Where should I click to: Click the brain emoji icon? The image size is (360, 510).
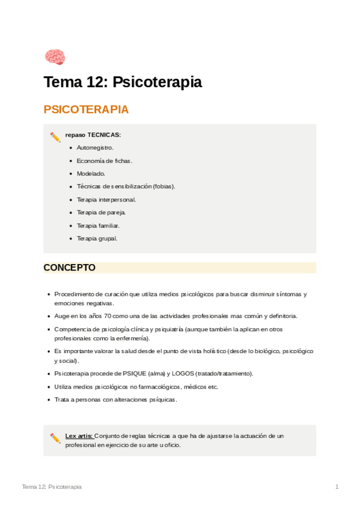point(55,57)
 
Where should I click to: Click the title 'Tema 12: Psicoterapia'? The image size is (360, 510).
point(122,82)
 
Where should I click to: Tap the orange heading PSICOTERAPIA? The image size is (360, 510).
point(86,109)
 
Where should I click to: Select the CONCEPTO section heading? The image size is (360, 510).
point(69,268)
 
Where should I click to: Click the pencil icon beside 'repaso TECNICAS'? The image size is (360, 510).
point(55,137)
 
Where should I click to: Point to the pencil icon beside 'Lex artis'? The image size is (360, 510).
point(55,438)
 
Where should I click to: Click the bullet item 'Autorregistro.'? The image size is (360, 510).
point(95,147)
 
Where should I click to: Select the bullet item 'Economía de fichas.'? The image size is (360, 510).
point(104,161)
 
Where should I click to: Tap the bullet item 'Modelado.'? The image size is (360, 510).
point(91,173)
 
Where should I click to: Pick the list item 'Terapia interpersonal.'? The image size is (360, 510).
point(106,199)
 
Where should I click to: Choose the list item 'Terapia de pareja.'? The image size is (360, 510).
point(101,212)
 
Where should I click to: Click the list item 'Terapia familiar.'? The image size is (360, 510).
point(98,226)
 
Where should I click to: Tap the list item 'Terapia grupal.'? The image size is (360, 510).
point(97,238)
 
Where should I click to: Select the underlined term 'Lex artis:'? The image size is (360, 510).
point(79,435)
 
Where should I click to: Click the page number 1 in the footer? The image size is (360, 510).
point(337,487)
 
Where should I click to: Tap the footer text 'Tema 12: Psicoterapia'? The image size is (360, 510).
point(52,487)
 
